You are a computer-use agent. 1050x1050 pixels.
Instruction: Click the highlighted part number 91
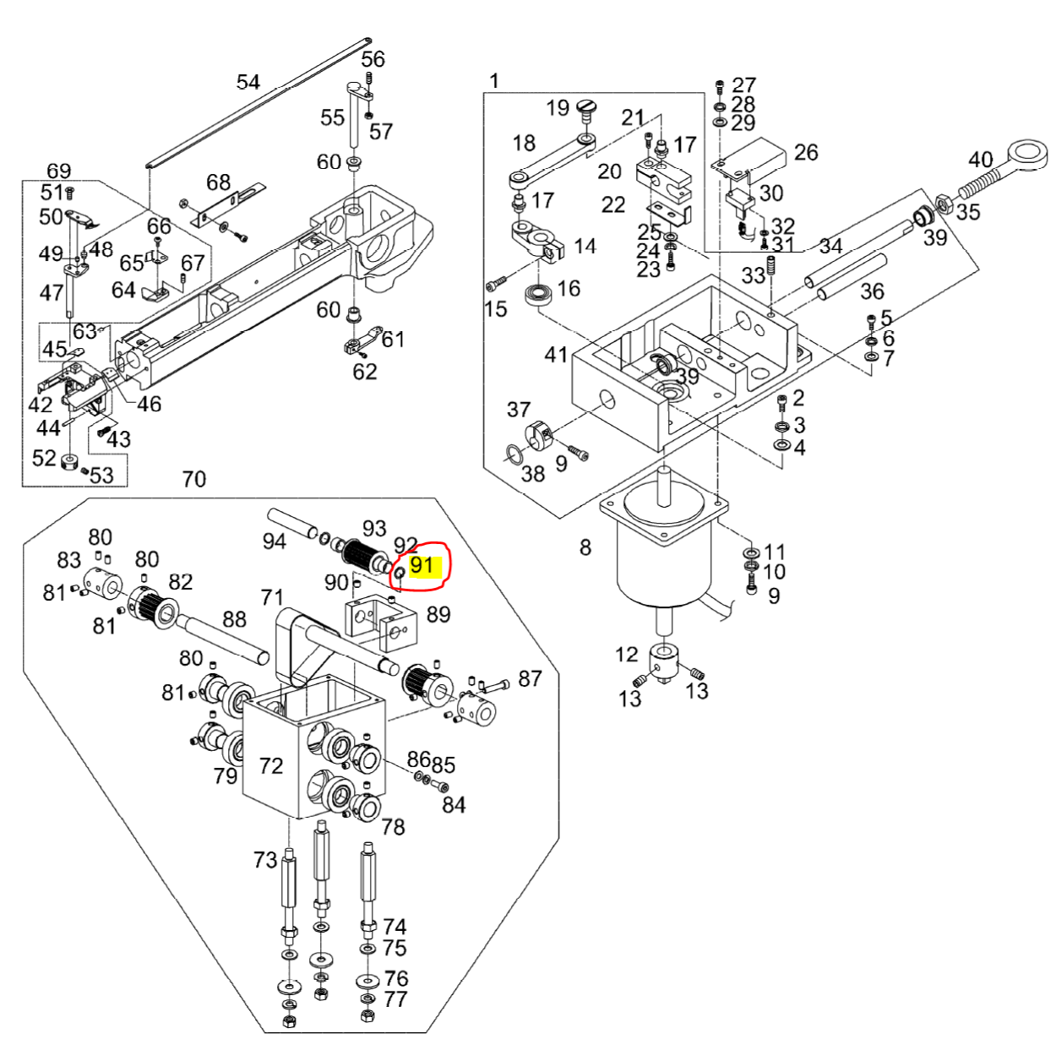pos(422,566)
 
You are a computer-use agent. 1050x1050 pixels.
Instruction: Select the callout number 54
pos(248,82)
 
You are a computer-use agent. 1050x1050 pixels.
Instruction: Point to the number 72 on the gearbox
pos(271,765)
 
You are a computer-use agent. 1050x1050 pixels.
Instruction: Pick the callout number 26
pos(806,152)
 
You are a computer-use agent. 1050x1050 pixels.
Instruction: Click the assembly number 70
pos(194,479)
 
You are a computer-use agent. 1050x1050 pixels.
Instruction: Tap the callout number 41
pos(555,355)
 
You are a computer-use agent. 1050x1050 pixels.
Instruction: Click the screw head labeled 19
pos(586,106)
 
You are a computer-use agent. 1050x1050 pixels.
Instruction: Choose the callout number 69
pos(58,171)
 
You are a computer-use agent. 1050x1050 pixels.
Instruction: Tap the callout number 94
pos(274,541)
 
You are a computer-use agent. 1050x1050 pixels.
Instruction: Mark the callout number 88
pos(234,618)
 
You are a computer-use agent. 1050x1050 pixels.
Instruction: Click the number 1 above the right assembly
pos(494,81)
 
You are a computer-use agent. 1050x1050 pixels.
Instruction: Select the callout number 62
pos(365,372)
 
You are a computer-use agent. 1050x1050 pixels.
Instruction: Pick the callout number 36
pos(872,291)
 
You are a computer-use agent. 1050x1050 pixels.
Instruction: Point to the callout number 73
pos(265,860)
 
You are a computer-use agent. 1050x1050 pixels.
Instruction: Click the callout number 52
pos(44,458)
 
